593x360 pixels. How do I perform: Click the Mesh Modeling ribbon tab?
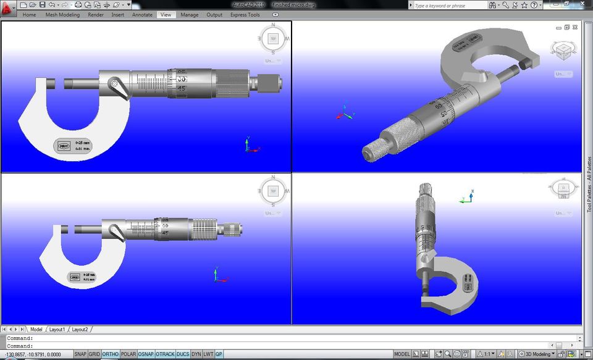pyautogui.click(x=62, y=15)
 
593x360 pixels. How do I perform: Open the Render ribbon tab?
pyautogui.click(x=96, y=15)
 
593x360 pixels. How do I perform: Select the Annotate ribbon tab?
pyautogui.click(x=142, y=15)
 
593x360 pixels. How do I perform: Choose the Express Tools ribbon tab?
pyautogui.click(x=245, y=15)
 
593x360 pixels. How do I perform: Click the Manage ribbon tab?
pyautogui.click(x=190, y=15)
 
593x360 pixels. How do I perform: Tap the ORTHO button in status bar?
pyautogui.click(x=111, y=354)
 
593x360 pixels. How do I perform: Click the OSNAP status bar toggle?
pyautogui.click(x=146, y=354)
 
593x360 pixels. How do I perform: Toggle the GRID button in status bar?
pyautogui.click(x=94, y=354)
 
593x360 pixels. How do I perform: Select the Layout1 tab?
pyautogui.click(x=57, y=330)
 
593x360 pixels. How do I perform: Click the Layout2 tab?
pyautogui.click(x=80, y=330)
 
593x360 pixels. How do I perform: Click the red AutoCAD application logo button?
pyautogui.click(x=7, y=8)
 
